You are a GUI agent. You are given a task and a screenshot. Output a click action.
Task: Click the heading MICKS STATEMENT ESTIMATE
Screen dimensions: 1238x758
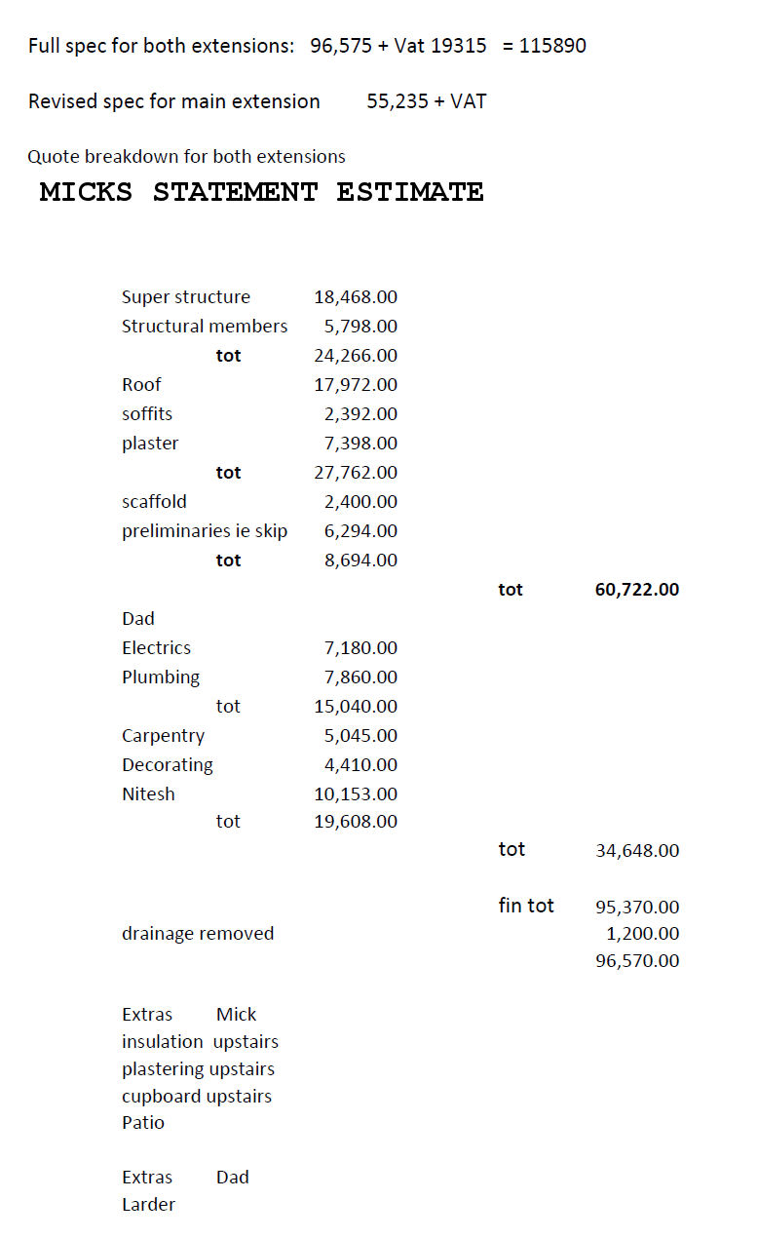pos(261,192)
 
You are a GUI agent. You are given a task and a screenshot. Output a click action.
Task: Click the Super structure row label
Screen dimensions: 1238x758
pos(185,297)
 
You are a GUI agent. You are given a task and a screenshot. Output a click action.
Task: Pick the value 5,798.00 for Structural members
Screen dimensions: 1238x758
pos(360,327)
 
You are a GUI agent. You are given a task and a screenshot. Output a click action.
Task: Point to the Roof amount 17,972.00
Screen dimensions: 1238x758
pos(356,385)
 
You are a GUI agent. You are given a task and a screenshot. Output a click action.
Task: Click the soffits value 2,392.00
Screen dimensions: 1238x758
pos(360,414)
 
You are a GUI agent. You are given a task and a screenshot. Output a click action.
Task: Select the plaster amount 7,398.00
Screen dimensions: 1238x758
pos(360,444)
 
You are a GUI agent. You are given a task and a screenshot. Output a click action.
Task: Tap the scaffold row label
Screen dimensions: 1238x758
pos(154,502)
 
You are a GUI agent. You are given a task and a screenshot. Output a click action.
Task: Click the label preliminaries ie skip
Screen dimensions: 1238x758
pos(205,531)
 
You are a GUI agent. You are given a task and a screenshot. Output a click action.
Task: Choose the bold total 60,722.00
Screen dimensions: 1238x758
pos(637,590)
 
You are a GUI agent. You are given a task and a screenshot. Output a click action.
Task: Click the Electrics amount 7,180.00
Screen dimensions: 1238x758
pos(360,648)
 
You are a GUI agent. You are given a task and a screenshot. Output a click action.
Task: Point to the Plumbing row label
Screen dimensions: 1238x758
pos(161,677)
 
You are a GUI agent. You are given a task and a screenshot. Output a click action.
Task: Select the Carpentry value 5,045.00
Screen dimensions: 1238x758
pos(360,736)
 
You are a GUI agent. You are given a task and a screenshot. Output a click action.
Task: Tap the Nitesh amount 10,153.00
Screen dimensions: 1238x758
pos(356,794)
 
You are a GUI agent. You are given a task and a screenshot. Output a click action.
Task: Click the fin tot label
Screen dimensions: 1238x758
pos(526,906)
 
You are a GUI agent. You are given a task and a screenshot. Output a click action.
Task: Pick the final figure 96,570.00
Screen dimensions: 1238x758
pos(637,961)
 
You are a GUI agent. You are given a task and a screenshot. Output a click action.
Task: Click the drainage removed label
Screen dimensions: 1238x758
pos(198,934)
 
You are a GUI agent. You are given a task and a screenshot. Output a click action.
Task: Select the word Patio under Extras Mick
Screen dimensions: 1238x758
pos(143,1123)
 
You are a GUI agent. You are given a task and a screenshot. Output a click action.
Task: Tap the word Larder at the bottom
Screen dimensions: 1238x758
pos(148,1205)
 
